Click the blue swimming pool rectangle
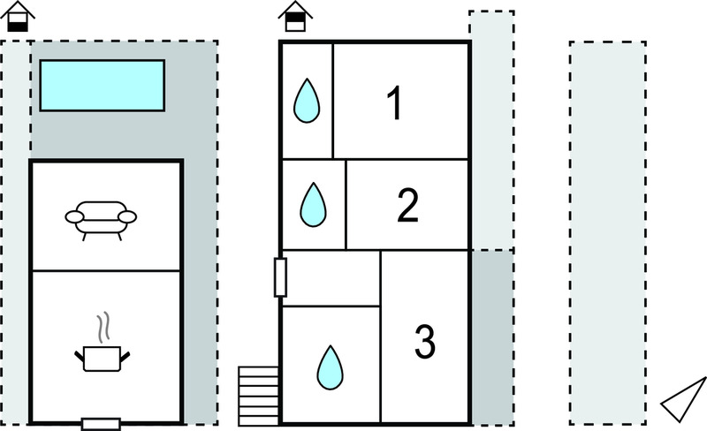(103, 85)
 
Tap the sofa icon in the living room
(101, 221)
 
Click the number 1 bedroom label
(395, 103)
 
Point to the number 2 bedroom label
(408, 205)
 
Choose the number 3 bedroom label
(425, 342)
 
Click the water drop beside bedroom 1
(307, 101)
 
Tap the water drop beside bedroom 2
(313, 205)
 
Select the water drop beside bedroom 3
(330, 367)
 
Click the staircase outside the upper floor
(259, 396)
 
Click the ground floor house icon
(18, 17)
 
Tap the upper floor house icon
(295, 17)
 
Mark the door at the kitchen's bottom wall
(101, 424)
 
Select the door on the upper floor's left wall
(280, 277)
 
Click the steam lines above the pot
(103, 328)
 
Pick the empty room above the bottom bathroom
(331, 278)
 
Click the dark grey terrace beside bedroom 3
(492, 337)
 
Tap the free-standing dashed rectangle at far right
(608, 233)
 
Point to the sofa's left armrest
(74, 217)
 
